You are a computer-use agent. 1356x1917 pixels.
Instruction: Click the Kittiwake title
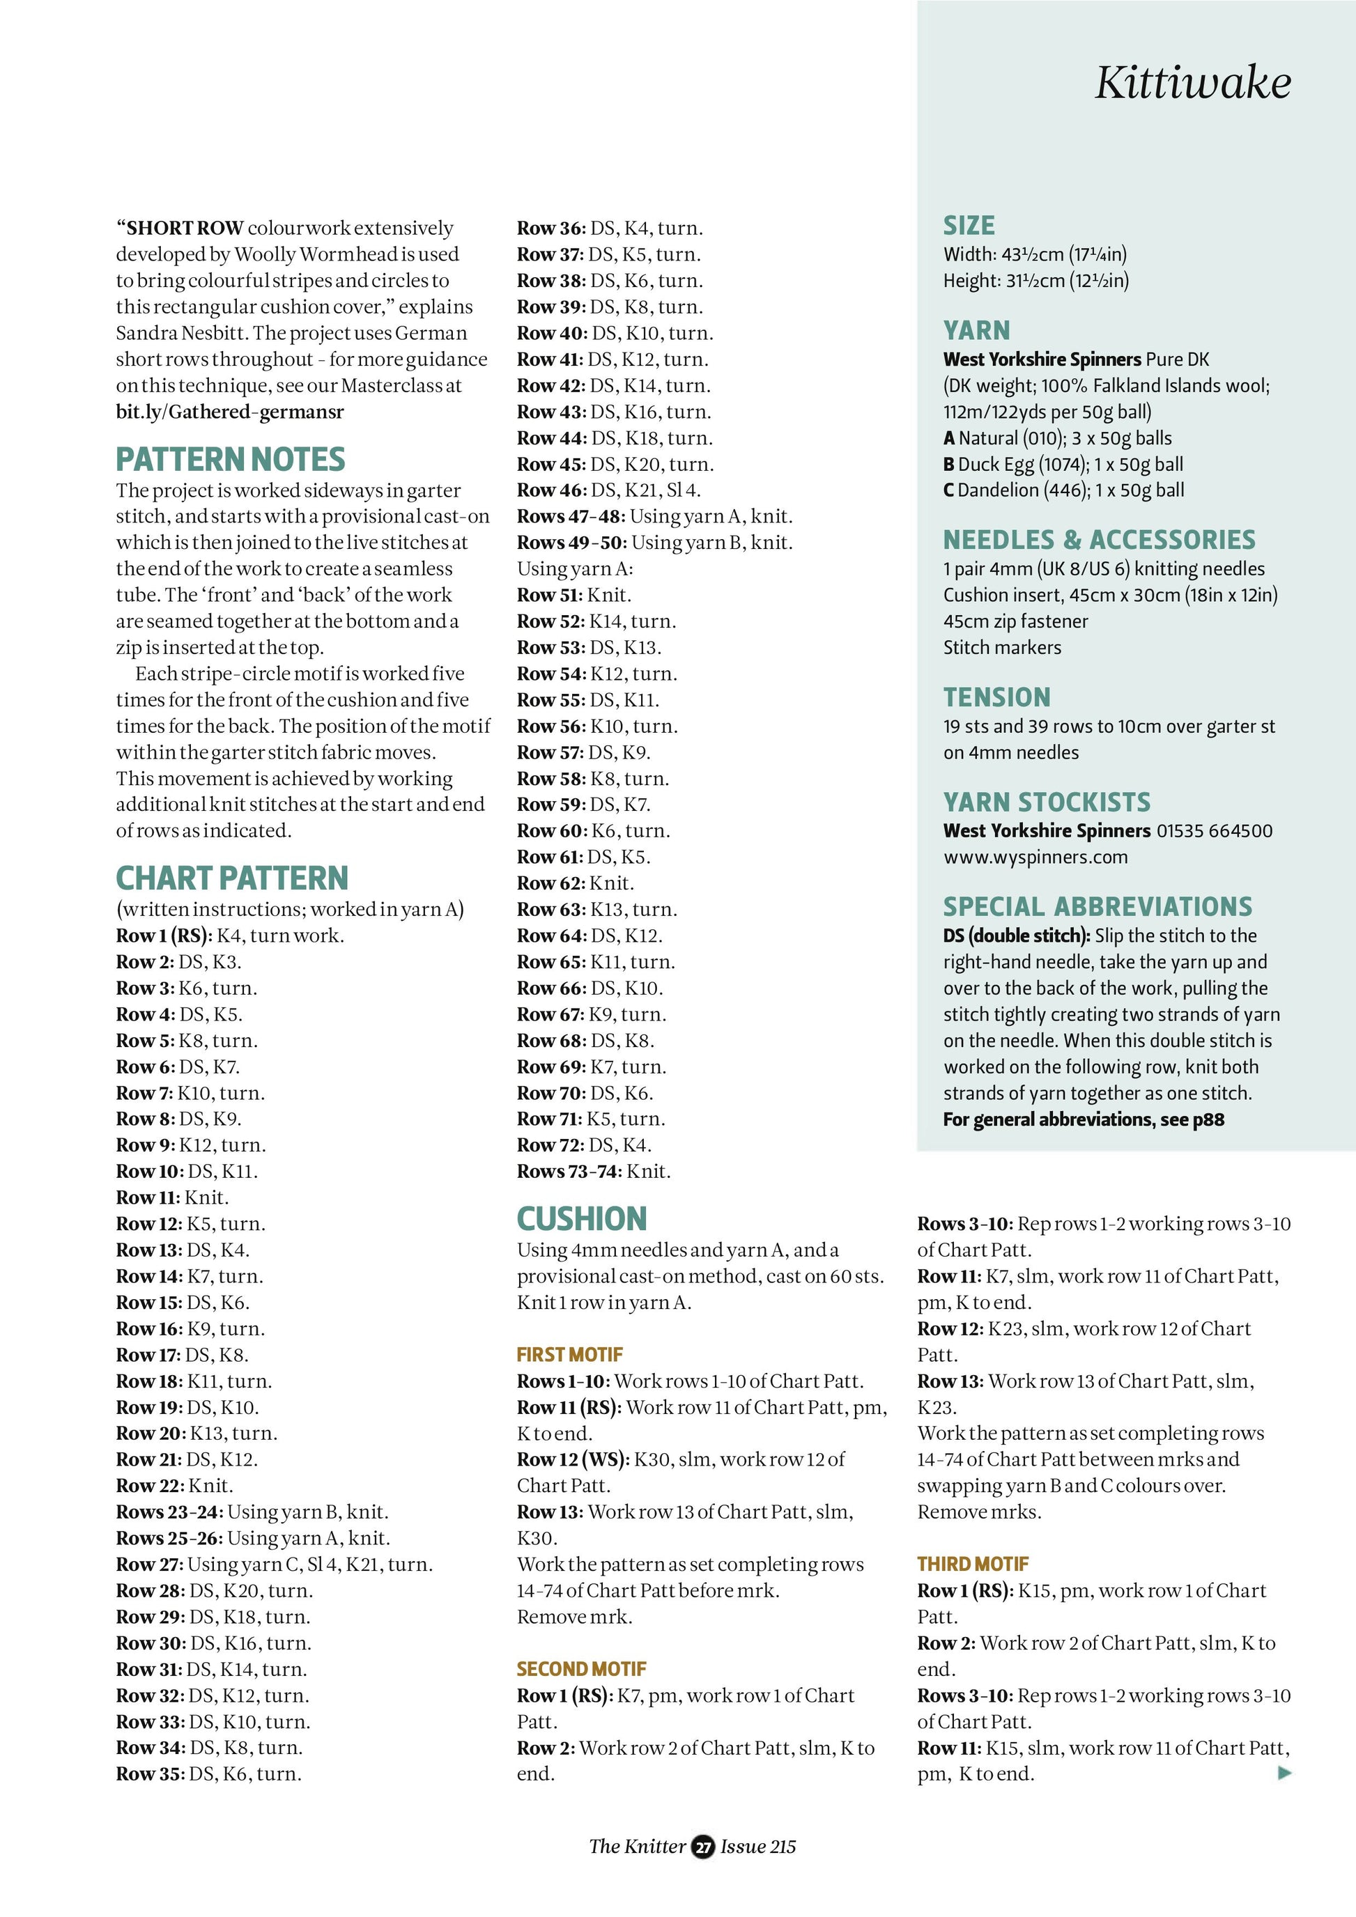click(1192, 84)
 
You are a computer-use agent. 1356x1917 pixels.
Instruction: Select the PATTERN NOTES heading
click(231, 460)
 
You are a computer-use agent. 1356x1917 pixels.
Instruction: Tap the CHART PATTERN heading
click(232, 878)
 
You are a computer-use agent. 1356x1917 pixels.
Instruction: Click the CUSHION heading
click(582, 1219)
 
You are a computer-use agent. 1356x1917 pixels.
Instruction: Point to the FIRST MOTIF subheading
click(569, 1354)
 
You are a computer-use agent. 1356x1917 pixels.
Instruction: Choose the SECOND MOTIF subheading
click(581, 1669)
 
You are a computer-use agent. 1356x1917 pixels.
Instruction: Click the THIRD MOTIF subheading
click(973, 1564)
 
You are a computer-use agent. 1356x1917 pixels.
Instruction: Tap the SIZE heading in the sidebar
click(969, 226)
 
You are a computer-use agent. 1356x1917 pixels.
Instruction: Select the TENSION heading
click(997, 697)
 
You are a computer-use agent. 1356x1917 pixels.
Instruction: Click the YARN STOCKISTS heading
click(1046, 802)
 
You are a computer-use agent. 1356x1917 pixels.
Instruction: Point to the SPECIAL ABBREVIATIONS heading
click(1097, 907)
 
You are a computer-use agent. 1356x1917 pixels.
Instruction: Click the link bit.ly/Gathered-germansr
click(230, 412)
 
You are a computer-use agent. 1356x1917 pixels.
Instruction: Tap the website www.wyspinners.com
click(1035, 857)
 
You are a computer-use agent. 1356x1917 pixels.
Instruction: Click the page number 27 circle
click(703, 1847)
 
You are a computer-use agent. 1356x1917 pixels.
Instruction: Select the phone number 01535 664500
click(1214, 831)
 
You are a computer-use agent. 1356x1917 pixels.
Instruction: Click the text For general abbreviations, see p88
click(1084, 1119)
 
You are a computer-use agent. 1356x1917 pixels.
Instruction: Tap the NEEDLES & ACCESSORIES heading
click(1099, 540)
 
